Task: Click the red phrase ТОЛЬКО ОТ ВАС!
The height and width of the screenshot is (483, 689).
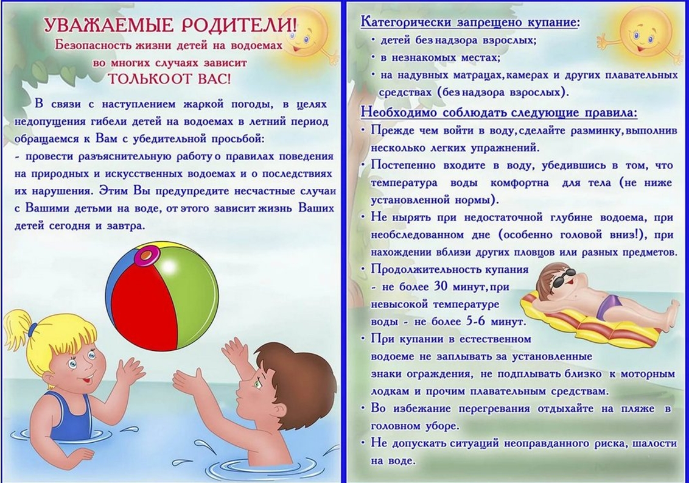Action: [169, 79]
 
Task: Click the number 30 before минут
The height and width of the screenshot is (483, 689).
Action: [441, 286]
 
